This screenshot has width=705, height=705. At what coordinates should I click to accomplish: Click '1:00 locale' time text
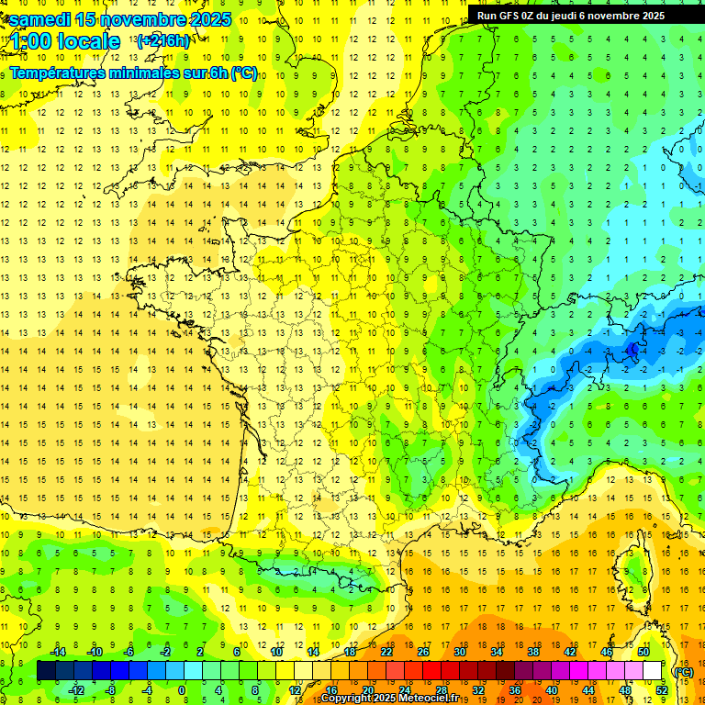[64, 41]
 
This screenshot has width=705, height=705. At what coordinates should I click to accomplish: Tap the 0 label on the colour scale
[182, 690]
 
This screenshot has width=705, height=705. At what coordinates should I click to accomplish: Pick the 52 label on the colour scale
[661, 690]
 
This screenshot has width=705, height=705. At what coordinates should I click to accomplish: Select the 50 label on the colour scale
[643, 652]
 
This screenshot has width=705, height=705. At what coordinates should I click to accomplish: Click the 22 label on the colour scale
[386, 652]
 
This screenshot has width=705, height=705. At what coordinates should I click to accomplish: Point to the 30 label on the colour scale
[460, 652]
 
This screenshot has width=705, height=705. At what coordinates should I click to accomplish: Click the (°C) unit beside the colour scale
[683, 671]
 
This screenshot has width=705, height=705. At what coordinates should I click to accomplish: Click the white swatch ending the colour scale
[652, 671]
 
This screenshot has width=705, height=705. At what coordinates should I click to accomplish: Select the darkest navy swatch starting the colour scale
[47, 671]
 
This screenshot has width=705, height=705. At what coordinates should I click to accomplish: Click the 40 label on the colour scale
[551, 690]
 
